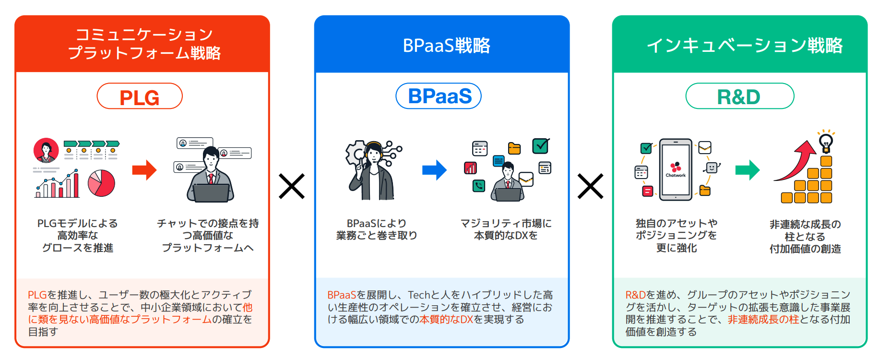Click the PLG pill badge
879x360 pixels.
(x=140, y=96)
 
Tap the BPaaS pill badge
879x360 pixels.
(x=439, y=96)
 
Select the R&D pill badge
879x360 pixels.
(x=739, y=96)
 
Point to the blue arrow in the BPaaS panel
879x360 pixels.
(x=434, y=170)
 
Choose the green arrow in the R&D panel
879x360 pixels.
(x=747, y=169)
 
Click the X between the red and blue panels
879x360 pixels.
(x=292, y=186)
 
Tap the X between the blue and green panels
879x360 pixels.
(x=591, y=186)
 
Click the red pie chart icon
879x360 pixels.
(x=101, y=183)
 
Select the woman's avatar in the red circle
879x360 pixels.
(x=46, y=151)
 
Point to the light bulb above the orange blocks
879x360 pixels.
(x=826, y=142)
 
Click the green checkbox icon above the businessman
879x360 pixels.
(x=541, y=146)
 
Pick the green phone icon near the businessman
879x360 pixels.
(x=479, y=186)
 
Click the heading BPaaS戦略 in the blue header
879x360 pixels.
(x=446, y=46)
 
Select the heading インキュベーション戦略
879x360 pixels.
(x=744, y=46)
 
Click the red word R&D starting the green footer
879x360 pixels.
(x=635, y=295)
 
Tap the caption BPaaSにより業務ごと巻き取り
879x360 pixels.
(x=377, y=229)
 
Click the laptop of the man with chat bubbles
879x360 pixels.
(x=211, y=193)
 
